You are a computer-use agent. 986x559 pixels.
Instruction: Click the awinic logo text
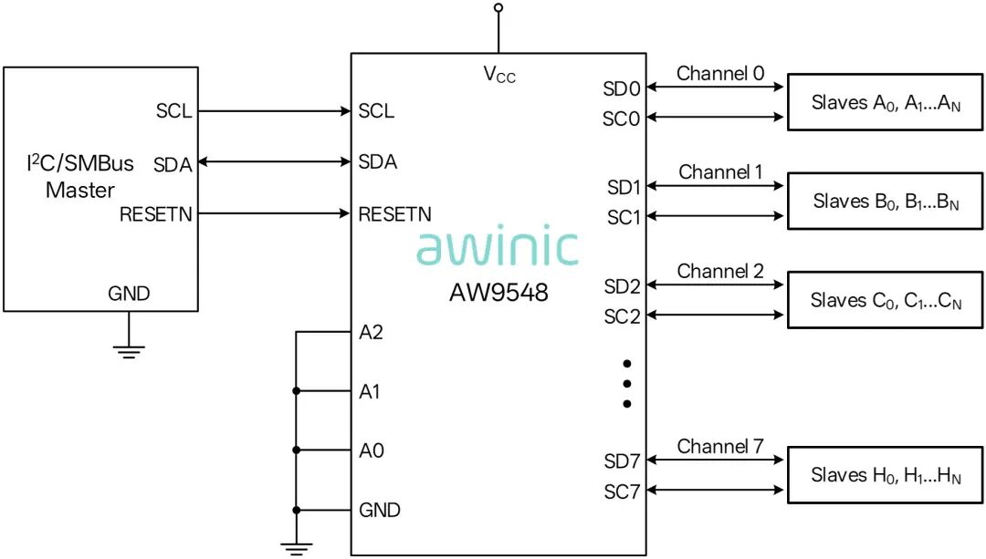498,245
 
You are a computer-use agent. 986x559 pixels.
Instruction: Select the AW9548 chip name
498,293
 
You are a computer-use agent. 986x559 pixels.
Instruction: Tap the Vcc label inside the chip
499,75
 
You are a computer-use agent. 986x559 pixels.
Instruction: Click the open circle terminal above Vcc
498,7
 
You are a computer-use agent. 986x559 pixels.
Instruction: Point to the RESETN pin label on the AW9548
395,214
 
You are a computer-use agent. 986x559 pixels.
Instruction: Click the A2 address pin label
371,332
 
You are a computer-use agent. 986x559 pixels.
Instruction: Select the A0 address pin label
371,450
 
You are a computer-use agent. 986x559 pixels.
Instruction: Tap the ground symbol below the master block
129,352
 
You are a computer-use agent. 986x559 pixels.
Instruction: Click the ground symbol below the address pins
296,548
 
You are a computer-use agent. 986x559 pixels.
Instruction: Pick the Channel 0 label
720,74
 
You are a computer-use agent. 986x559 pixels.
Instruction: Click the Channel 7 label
720,447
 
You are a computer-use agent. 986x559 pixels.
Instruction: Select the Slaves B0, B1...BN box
886,201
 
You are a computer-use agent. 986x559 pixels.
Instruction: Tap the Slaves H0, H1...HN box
886,475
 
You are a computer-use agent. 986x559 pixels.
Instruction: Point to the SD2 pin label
622,286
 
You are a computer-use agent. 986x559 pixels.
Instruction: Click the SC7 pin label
622,492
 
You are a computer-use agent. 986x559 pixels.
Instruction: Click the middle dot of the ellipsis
627,384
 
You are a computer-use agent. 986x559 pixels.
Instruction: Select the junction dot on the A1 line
296,391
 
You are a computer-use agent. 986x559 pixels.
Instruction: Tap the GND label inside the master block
129,294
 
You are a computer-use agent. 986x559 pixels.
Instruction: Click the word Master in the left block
79,190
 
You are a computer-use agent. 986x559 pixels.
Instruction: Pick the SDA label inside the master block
173,164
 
